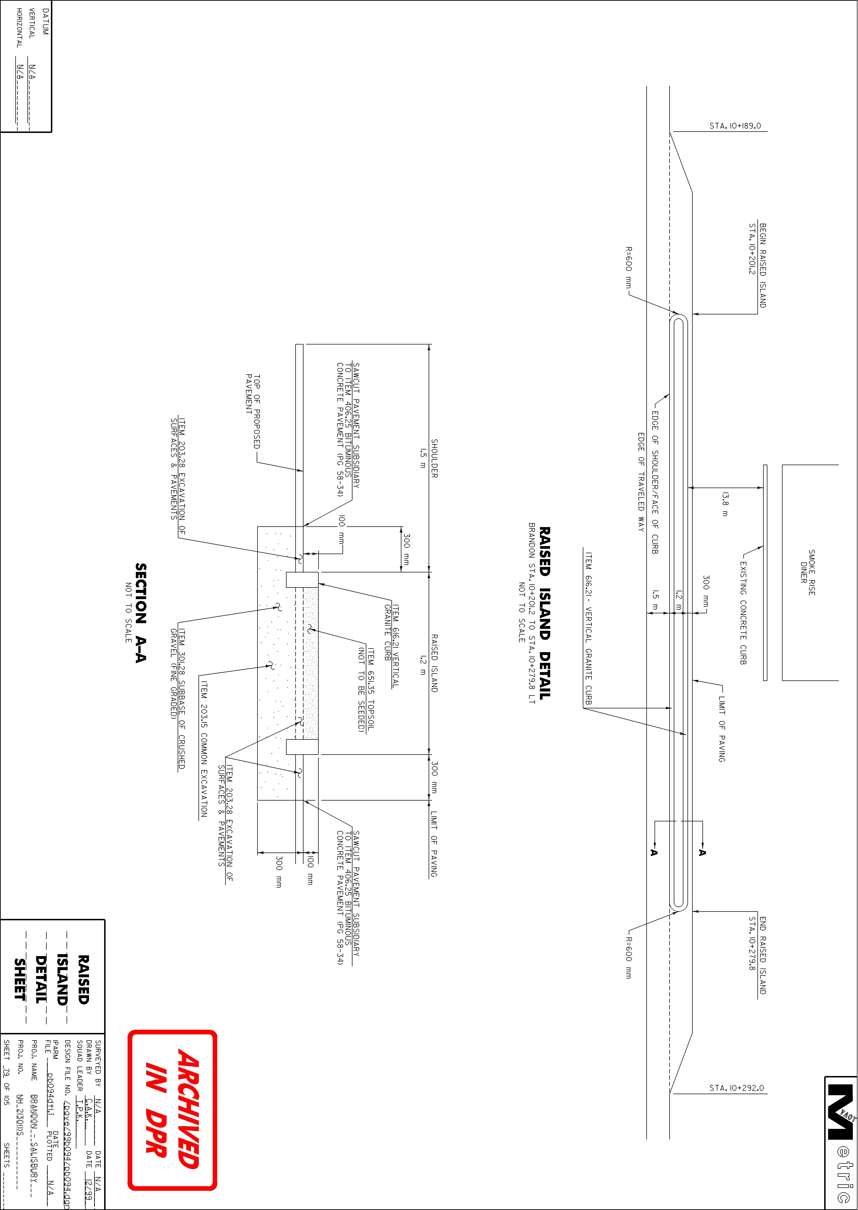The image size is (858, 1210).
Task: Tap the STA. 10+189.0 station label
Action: coord(735,126)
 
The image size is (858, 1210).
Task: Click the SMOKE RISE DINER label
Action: coord(807,572)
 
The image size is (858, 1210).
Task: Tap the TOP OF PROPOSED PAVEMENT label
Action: coord(253,411)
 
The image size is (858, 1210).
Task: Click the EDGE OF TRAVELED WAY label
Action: coord(641,482)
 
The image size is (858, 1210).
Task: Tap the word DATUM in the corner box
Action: coord(45,22)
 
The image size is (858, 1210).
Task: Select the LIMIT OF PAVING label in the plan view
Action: coord(722,729)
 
